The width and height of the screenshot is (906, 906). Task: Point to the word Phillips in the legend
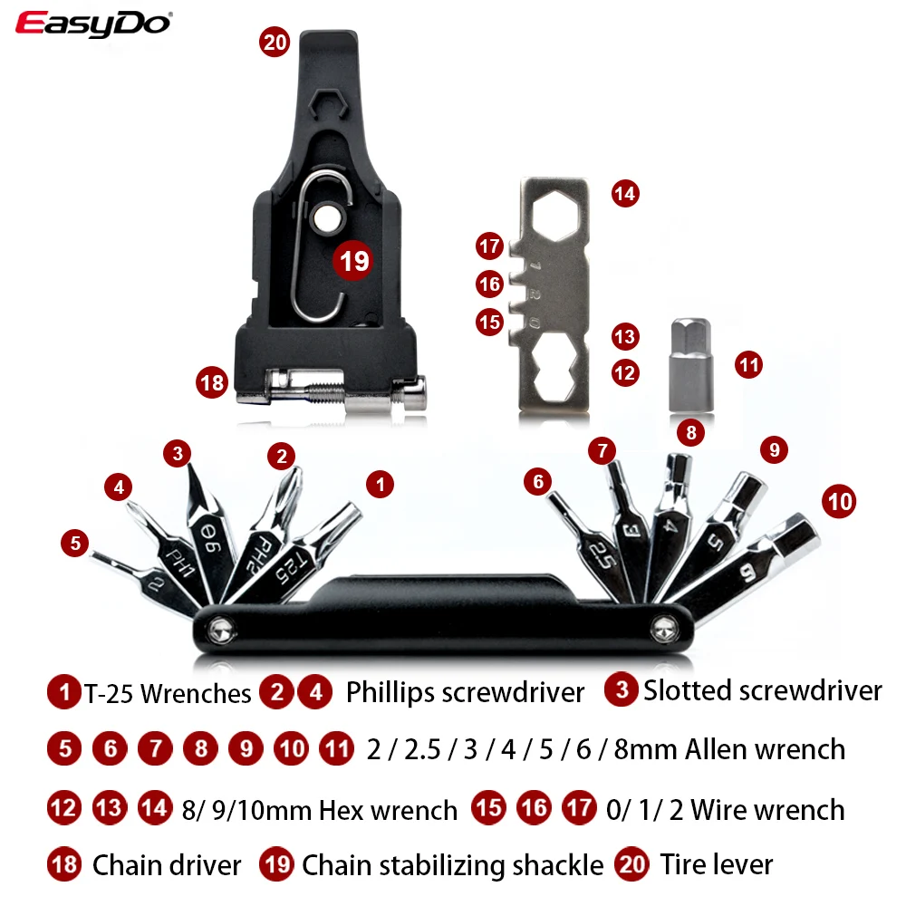coord(390,693)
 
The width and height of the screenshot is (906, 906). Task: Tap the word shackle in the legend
coord(562,864)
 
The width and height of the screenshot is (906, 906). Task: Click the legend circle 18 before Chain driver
coord(64,864)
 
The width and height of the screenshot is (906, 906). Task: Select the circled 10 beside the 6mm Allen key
coord(840,501)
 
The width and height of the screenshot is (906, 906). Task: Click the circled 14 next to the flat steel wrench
coord(625,193)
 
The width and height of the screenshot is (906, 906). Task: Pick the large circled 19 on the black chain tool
coord(352,261)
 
